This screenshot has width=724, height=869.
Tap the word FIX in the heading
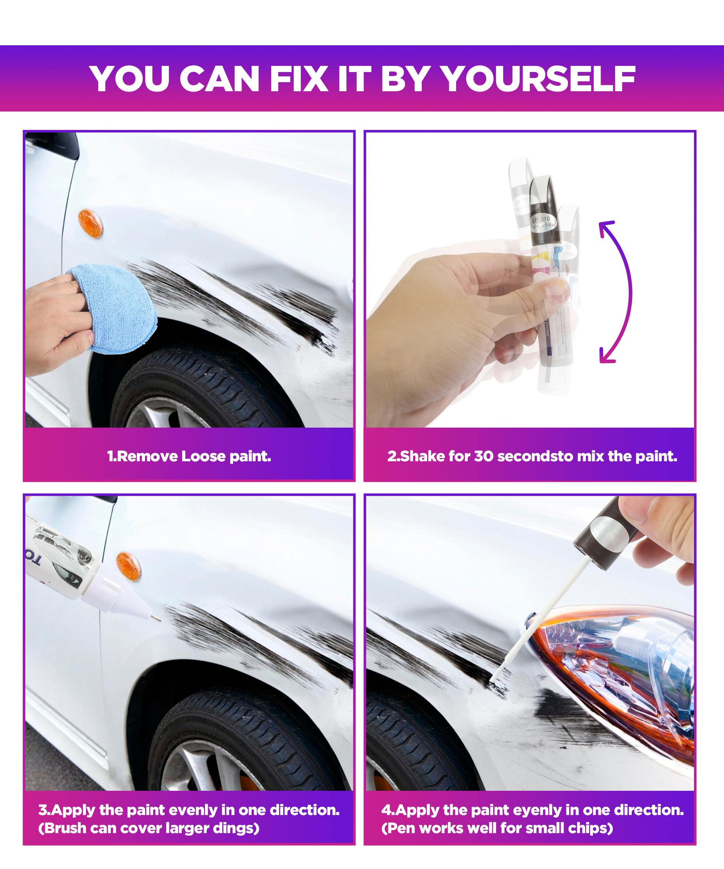[x=299, y=79]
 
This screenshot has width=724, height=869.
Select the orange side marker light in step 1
[x=90, y=223]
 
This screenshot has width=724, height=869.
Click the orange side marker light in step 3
[x=128, y=566]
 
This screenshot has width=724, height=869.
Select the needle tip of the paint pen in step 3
[x=157, y=618]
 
